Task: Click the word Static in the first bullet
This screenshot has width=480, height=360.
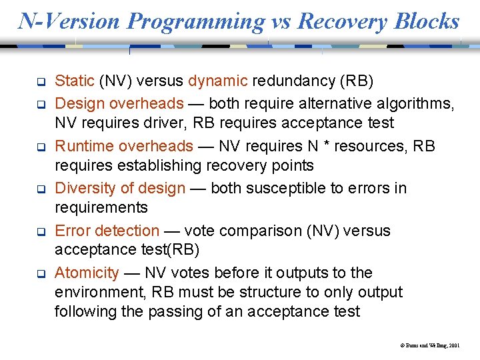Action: pyautogui.click(x=74, y=81)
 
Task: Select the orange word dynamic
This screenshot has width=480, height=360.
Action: pyautogui.click(x=218, y=81)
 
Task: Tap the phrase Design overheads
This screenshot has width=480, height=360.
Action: pyautogui.click(x=119, y=103)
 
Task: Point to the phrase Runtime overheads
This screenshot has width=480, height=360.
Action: pyautogui.click(x=123, y=146)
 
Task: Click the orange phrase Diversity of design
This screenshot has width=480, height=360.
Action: pyautogui.click(x=120, y=189)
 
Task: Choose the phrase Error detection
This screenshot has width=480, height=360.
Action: pyautogui.click(x=107, y=231)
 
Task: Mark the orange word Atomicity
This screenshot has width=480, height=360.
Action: pyautogui.click(x=87, y=273)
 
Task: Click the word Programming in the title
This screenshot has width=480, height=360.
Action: pyautogui.click(x=196, y=21)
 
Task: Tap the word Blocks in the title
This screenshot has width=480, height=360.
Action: pyautogui.click(x=427, y=21)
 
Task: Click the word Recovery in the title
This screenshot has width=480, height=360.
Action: pyautogui.click(x=343, y=21)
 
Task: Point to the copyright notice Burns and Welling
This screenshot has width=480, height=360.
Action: pyautogui.click(x=426, y=346)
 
